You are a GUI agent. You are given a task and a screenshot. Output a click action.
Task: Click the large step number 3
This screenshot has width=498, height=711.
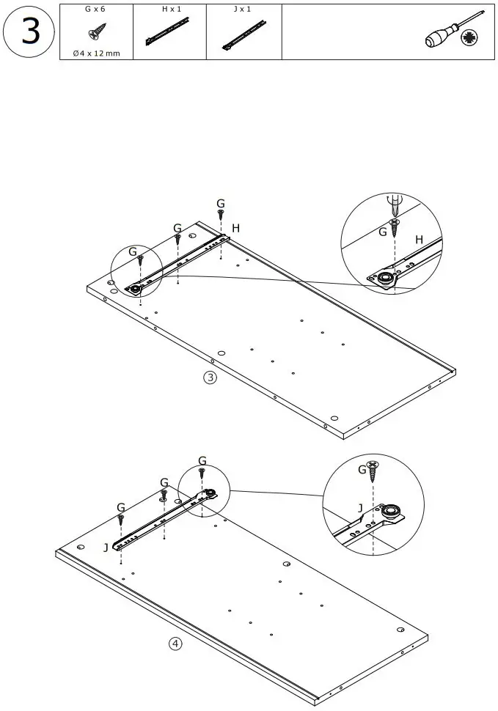[30, 33]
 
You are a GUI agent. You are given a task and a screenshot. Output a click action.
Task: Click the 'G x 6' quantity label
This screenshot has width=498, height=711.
[95, 10]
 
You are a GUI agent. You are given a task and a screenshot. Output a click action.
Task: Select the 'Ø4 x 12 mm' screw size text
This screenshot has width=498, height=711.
[95, 54]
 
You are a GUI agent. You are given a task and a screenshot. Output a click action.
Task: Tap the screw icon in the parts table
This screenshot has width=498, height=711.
[95, 34]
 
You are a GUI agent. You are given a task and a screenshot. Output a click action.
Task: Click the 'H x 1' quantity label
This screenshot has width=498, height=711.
[171, 10]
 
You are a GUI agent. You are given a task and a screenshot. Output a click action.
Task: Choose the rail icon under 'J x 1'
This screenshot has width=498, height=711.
[243, 34]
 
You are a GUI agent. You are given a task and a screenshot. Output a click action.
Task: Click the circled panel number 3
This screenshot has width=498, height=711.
[210, 378]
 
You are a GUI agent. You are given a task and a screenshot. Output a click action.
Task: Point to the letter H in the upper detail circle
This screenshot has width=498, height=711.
[419, 240]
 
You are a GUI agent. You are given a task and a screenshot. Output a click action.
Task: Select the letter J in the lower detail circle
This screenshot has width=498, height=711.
[359, 507]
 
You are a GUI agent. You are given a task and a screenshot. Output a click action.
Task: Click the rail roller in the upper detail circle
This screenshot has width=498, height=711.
[384, 277]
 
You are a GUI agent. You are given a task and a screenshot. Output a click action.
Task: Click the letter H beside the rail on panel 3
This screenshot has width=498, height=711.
[235, 229]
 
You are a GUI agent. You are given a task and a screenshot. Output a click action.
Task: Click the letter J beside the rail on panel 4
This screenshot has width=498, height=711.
[106, 547]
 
